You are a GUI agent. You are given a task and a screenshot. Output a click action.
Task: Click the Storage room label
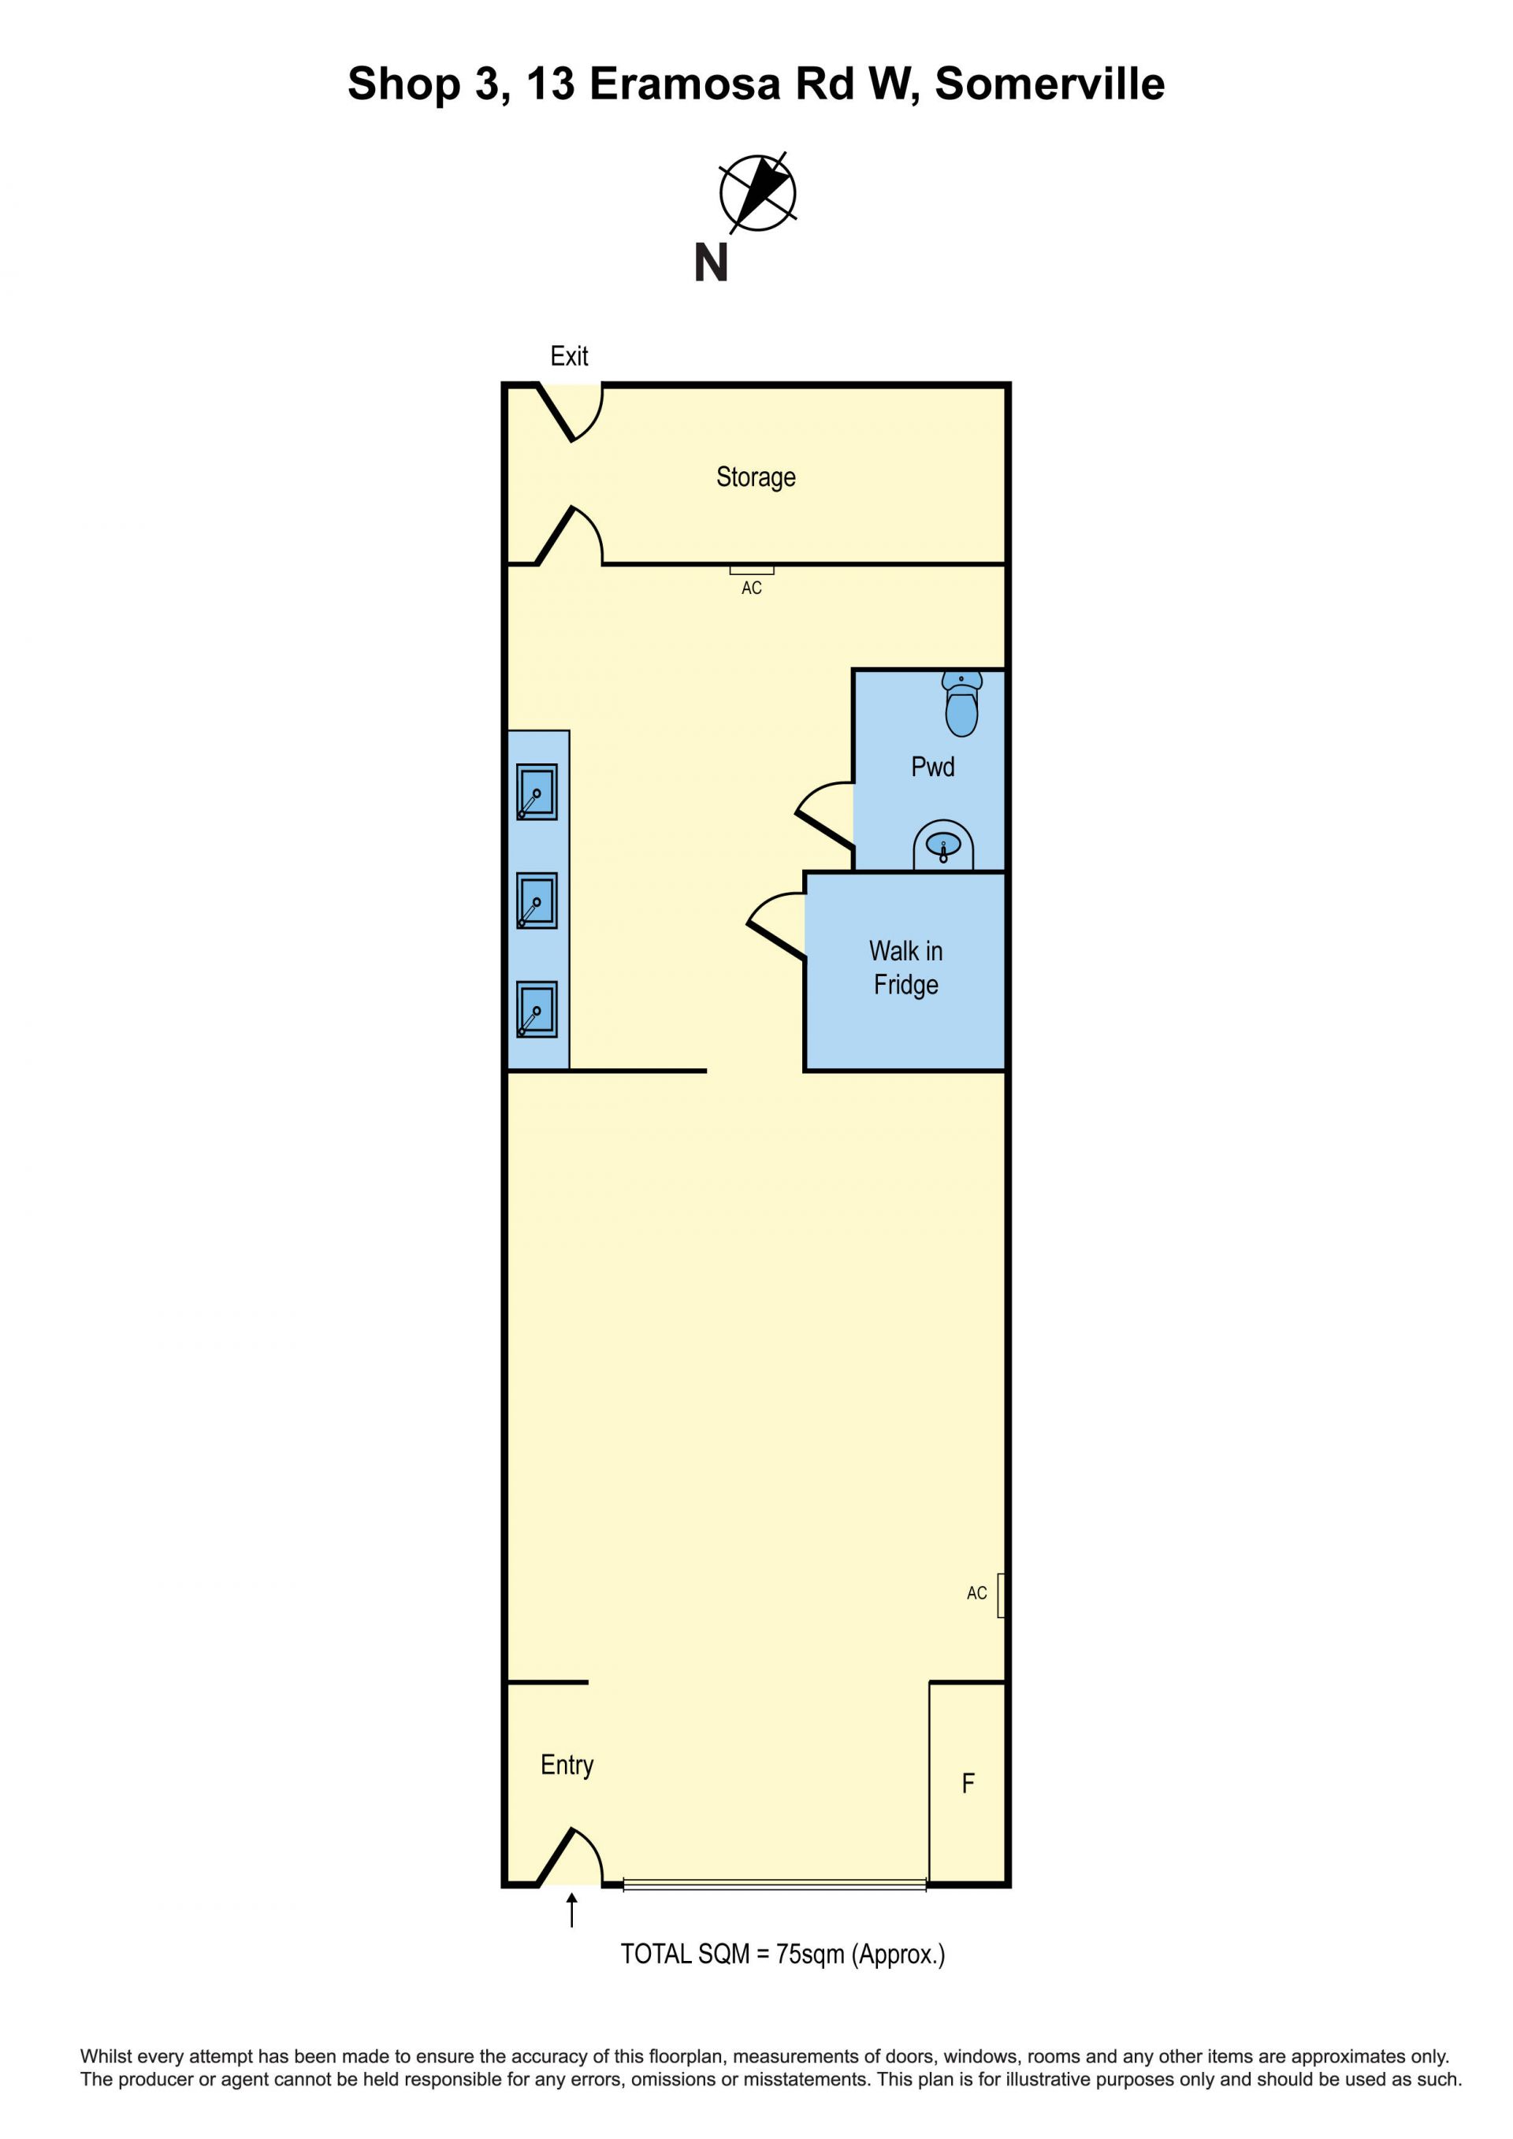pyautogui.click(x=756, y=477)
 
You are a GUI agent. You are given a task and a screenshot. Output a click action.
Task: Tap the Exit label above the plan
pyautogui.click(x=569, y=356)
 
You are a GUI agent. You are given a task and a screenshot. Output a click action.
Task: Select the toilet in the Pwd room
pyautogui.click(x=961, y=704)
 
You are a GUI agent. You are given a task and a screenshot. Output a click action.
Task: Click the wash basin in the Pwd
pyautogui.click(x=942, y=845)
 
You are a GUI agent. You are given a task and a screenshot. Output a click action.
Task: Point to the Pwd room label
pyautogui.click(x=932, y=767)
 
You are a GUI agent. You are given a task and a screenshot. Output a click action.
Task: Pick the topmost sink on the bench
pyautogui.click(x=537, y=792)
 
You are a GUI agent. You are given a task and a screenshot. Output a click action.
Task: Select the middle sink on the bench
pyautogui.click(x=537, y=900)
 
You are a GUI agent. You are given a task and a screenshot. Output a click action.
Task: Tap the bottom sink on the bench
pyautogui.click(x=537, y=1009)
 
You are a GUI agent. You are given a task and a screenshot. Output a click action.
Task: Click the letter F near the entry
pyautogui.click(x=968, y=1783)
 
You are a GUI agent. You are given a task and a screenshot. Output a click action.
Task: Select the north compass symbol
pyautogui.click(x=757, y=193)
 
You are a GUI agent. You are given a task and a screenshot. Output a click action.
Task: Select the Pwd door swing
pyautogui.click(x=824, y=816)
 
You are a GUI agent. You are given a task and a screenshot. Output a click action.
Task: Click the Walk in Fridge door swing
pyautogui.click(x=776, y=926)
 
